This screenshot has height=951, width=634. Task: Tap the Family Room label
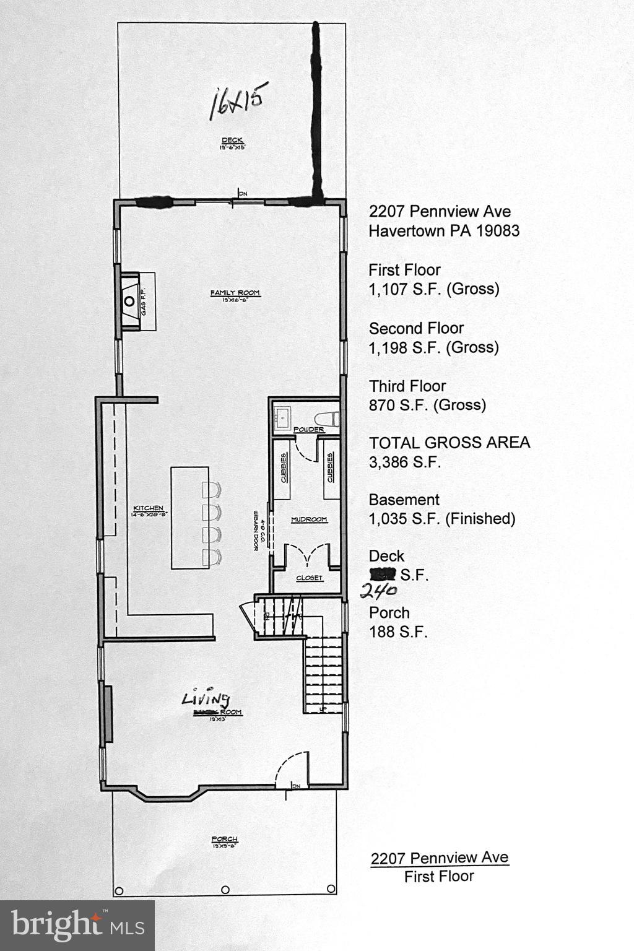click(235, 293)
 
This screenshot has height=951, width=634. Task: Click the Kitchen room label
click(148, 508)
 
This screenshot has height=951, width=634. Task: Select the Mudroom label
click(309, 519)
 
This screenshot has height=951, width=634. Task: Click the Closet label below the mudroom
click(309, 578)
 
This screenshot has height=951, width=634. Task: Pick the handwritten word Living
click(206, 699)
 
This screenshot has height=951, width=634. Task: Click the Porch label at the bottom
click(225, 840)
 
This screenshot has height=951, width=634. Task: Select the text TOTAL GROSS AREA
click(449, 443)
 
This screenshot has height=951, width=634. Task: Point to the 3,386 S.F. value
click(405, 462)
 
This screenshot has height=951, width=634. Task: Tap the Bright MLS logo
click(77, 925)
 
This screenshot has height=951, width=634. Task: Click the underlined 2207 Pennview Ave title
click(440, 858)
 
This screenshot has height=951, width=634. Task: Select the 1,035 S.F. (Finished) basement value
click(442, 519)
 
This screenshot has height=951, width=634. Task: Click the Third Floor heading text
click(407, 386)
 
